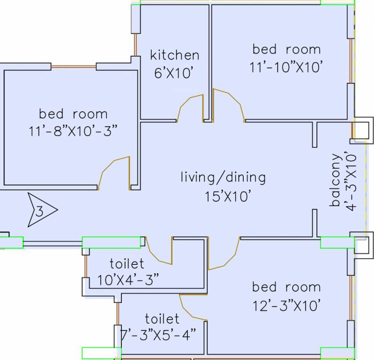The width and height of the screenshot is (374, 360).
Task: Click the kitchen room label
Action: click(175, 55)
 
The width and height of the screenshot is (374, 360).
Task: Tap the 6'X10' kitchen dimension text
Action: click(173, 73)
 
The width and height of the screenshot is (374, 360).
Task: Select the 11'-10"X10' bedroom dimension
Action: click(286, 67)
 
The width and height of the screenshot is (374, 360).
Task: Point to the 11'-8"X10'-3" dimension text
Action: click(73, 131)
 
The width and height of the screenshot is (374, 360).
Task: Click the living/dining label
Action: click(223, 178)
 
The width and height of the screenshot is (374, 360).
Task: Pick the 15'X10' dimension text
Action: click(228, 196)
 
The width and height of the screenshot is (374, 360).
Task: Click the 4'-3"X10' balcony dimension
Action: click(351, 182)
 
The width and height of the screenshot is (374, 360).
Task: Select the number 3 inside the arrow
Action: click(39, 211)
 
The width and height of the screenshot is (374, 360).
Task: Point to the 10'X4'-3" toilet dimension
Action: click(128, 279)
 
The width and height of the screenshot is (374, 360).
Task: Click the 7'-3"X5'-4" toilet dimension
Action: click(157, 335)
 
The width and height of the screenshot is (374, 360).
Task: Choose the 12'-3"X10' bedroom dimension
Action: click(286, 306)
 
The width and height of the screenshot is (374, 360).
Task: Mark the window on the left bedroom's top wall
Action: click(74, 67)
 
